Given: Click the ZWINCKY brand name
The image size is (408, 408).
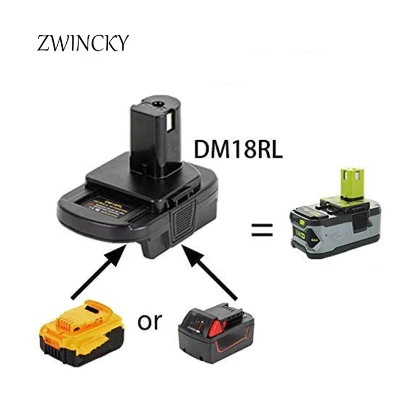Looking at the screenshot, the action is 82,44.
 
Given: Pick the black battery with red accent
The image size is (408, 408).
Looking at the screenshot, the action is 216,331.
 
